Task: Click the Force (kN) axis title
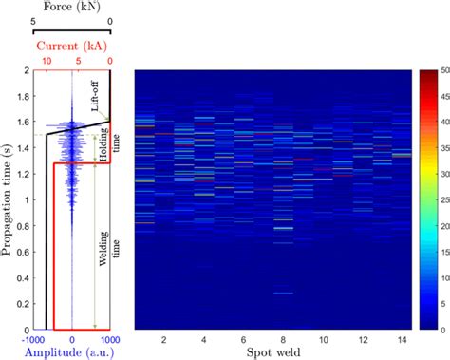pyautogui.click(x=71, y=8)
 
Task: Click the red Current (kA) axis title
pyautogui.click(x=72, y=45)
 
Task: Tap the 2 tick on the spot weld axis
pyautogui.click(x=164, y=339)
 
